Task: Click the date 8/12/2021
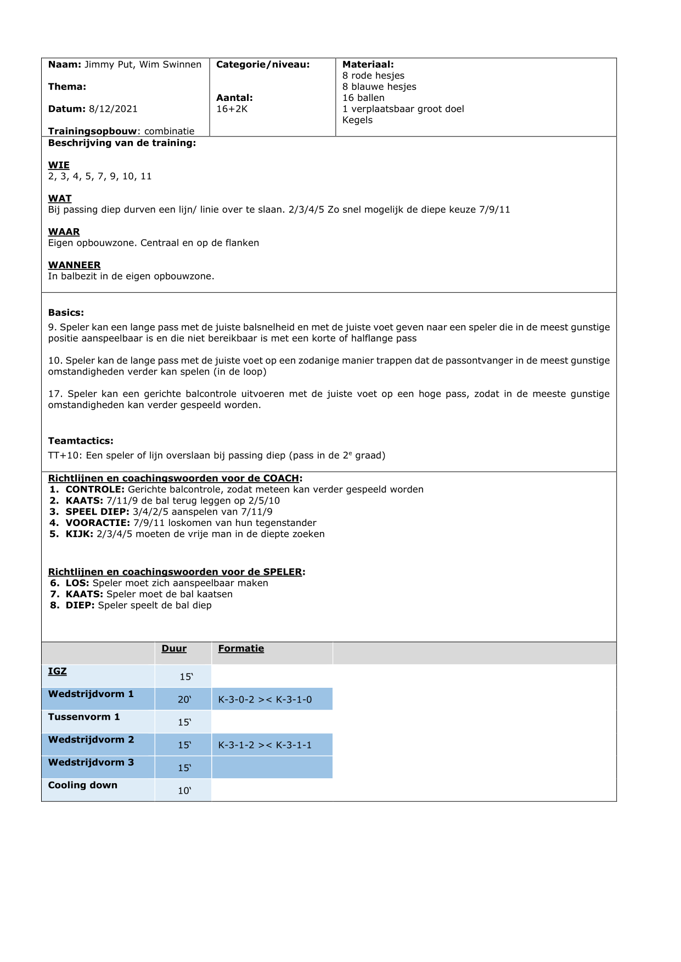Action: point(113,109)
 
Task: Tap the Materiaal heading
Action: point(368,65)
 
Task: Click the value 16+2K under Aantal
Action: point(232,109)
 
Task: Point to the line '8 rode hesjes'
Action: point(373,76)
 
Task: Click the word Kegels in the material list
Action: point(357,120)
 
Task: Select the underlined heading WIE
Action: point(59,165)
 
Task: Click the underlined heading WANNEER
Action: point(74,265)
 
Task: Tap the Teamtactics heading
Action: point(81,441)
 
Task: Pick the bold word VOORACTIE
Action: point(98,523)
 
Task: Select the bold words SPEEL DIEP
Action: point(97,512)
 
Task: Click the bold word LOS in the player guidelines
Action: point(77,583)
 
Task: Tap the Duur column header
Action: point(174,649)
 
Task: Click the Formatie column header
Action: point(241,649)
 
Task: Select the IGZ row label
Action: point(57,671)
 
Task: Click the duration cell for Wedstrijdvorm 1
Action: point(184,699)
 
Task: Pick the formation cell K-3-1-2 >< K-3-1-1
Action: point(265,745)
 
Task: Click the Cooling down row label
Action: point(82,785)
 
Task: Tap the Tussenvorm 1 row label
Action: point(83,717)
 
